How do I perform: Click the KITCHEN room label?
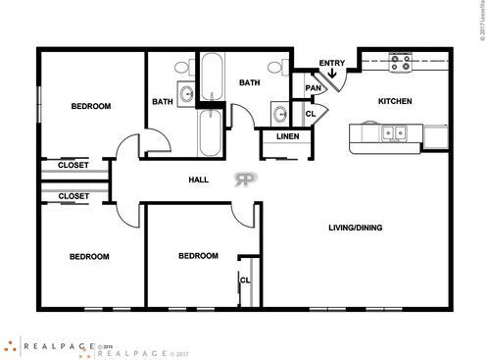coord(395,101)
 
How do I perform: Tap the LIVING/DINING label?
coord(355,229)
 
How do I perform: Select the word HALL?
coord(199,180)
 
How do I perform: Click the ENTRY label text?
coord(332,64)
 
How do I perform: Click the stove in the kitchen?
coord(401,64)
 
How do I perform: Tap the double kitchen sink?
coord(395,131)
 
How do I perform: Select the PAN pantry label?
coord(314,88)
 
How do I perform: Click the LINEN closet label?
coord(286,136)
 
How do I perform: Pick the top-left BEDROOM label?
coord(90,106)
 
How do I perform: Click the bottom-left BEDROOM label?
coord(89,257)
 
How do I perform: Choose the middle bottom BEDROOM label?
coord(198,256)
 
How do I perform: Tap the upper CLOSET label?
coord(73,165)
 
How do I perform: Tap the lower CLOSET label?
coord(73,196)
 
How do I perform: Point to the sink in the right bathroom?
coord(278,111)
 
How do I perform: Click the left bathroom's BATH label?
coord(163,102)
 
